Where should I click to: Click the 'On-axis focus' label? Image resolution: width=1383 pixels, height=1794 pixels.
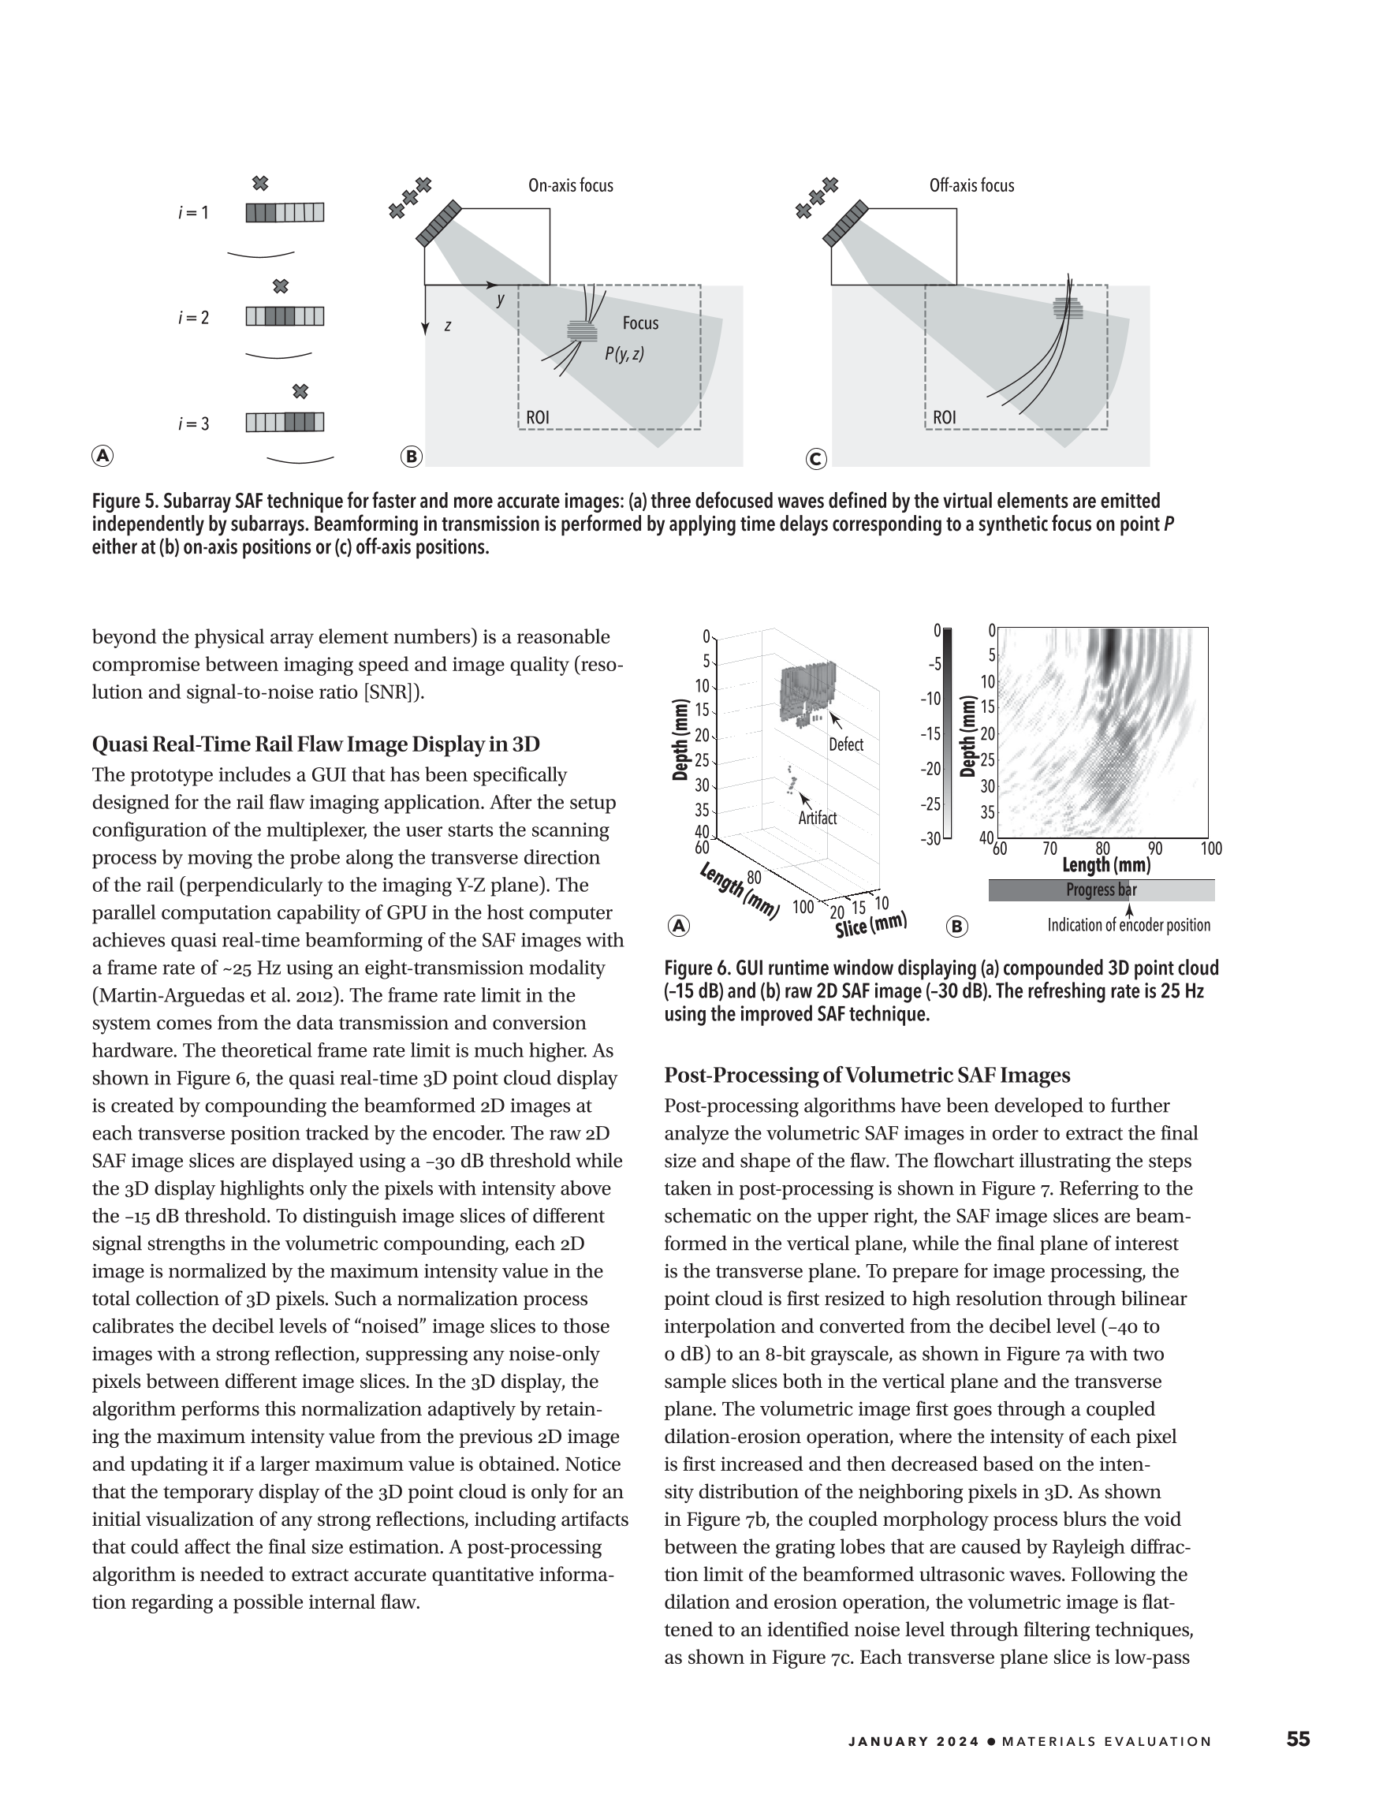coord(570,185)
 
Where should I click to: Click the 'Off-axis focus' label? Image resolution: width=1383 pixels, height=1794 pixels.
coord(971,185)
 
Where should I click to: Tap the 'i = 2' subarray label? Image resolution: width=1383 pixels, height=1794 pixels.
coord(194,318)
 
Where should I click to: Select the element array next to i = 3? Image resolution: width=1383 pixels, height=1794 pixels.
coord(285,422)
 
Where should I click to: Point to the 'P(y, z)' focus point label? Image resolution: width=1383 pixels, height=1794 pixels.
coord(624,354)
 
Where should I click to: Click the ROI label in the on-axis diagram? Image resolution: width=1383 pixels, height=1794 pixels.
coord(538,417)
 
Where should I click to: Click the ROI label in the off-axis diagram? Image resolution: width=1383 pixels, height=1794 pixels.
coord(945,417)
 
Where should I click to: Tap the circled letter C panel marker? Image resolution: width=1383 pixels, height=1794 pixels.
coord(815,459)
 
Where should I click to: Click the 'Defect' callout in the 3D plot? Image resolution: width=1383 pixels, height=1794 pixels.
coord(846,745)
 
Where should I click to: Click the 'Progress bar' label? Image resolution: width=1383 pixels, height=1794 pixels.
coord(1101,890)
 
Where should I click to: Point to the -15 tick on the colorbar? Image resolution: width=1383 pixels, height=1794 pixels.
coord(930,733)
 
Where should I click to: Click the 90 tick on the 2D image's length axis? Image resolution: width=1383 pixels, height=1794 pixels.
coord(1155,849)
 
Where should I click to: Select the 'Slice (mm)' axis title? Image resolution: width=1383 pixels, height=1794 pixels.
coord(870,926)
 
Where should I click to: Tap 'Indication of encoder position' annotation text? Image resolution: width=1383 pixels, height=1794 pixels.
coord(1128,926)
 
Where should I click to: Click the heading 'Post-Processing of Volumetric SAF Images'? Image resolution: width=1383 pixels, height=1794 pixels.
coord(867,1076)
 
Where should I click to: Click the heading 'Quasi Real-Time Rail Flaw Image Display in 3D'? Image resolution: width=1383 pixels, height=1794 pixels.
coord(316,744)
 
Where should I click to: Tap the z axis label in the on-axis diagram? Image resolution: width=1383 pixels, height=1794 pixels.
coord(448,326)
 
